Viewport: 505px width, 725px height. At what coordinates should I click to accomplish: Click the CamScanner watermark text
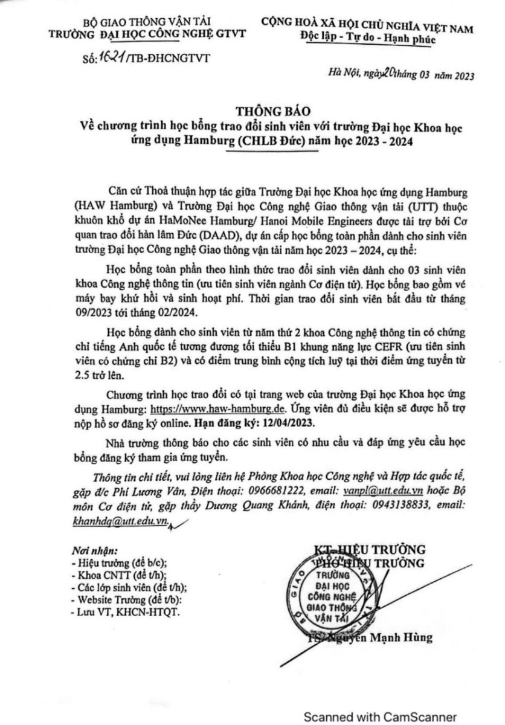379,717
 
